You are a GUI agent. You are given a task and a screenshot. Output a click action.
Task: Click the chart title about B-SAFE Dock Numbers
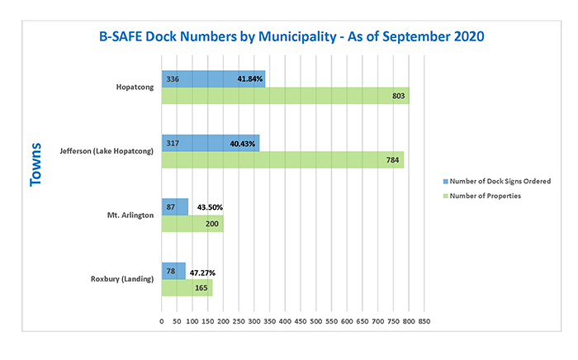(289, 36)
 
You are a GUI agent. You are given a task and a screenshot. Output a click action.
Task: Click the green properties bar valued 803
(285, 96)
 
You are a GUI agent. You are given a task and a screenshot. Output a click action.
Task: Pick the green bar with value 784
(282, 160)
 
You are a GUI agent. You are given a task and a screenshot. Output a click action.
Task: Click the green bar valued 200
(192, 224)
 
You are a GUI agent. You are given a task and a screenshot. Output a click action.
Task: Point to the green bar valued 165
(187, 287)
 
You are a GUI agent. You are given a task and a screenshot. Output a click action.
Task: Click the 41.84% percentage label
(250, 79)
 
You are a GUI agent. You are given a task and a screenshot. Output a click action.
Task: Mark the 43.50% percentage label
(210, 207)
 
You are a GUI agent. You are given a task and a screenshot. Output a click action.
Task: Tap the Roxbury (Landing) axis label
(122, 279)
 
